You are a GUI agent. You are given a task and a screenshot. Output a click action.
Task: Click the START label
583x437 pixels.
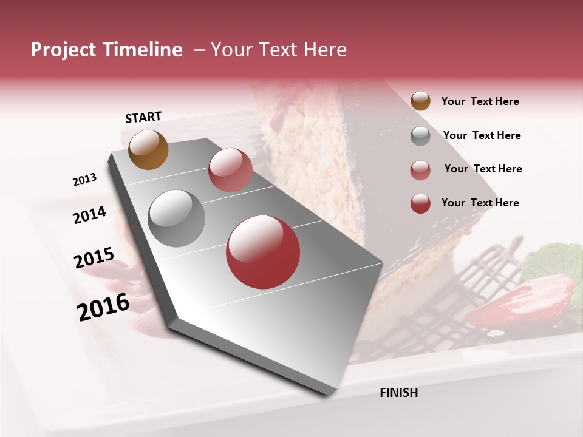[143, 117]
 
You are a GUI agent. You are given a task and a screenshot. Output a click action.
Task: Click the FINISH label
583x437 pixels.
[398, 393]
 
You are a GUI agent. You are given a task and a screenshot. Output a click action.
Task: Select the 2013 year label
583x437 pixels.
[85, 180]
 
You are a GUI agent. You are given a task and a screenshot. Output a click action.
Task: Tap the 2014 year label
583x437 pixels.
[90, 215]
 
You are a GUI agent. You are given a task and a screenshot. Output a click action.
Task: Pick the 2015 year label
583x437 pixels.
[94, 259]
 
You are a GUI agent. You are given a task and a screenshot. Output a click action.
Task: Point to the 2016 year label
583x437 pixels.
[103, 307]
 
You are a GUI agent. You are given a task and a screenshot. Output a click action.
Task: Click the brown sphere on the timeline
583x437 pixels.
[148, 149]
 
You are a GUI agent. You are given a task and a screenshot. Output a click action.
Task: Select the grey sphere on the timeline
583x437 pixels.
[176, 218]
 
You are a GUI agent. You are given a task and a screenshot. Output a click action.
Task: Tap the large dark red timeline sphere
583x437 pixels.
[263, 252]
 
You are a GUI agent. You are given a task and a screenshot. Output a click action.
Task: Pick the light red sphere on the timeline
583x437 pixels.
[230, 169]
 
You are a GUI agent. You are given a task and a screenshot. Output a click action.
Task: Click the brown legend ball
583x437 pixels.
[420, 101]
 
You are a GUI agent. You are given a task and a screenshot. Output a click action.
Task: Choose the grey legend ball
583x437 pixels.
[420, 136]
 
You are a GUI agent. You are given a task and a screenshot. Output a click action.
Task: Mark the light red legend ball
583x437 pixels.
[420, 170]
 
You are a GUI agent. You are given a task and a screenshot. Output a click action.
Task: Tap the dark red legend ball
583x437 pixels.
[420, 203]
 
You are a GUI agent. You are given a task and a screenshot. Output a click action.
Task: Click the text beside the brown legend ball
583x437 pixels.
[480, 102]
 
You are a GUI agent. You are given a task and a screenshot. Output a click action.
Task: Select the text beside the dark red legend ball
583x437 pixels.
[480, 203]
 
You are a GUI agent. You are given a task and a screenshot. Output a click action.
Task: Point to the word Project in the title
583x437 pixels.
[63, 50]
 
